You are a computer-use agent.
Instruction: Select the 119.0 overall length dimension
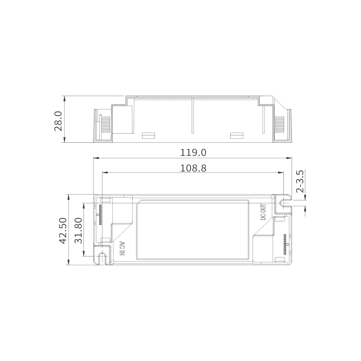193,153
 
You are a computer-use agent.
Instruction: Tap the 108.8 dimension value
193,168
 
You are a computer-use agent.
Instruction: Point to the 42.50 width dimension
63,230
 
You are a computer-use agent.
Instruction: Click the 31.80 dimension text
79,230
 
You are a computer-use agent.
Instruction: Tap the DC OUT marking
263,212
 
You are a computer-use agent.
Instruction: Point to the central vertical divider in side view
193,116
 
